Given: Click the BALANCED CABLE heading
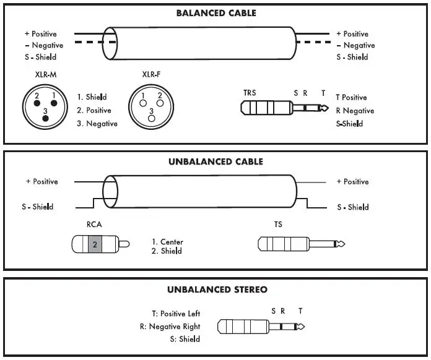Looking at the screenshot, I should pyautogui.click(x=215, y=13).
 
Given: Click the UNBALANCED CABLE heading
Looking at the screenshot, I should pyautogui.click(x=215, y=162).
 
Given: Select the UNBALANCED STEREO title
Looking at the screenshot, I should pyautogui.click(x=217, y=289).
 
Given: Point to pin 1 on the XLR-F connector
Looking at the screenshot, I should pyautogui.click(x=144, y=96).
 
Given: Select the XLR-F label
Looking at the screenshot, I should pyautogui.click(x=151, y=74).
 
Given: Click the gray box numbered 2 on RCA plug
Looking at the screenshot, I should pyautogui.click(x=94, y=244).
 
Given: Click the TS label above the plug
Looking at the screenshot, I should pyautogui.click(x=278, y=225).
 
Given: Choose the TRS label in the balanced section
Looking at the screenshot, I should pyautogui.click(x=250, y=93).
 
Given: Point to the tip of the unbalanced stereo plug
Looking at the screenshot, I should pyautogui.click(x=300, y=326).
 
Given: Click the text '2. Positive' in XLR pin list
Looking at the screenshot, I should pyautogui.click(x=94, y=110).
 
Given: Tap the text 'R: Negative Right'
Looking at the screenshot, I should pyautogui.click(x=170, y=326).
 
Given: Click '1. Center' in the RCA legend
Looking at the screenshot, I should pyautogui.click(x=167, y=242).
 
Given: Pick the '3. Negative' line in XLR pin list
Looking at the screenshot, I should pyautogui.click(x=97, y=123).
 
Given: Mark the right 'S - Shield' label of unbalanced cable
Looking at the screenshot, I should pyautogui.click(x=352, y=207).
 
